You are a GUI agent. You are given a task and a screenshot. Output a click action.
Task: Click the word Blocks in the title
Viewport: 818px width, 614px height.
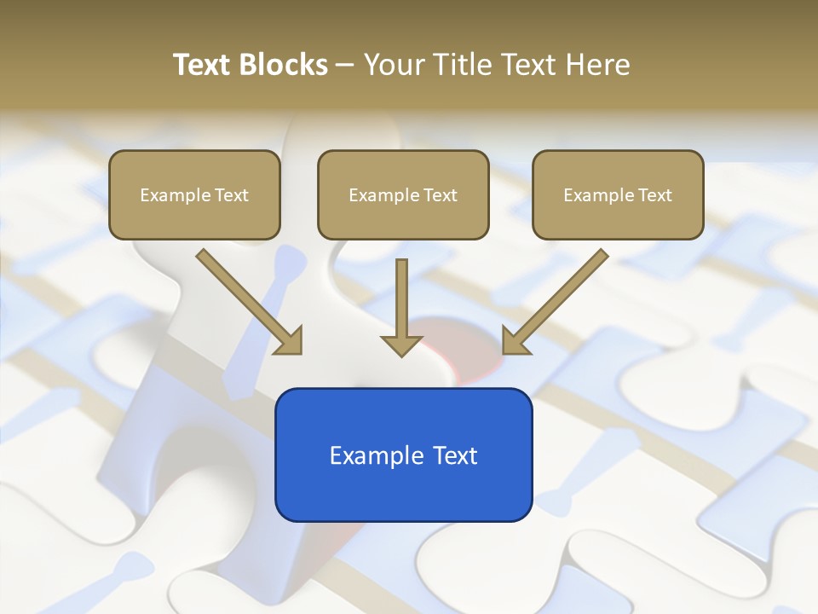[283, 65]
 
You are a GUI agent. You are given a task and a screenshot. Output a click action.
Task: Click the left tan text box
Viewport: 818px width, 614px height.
[194, 194]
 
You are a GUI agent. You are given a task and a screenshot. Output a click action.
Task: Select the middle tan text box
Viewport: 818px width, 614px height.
[403, 194]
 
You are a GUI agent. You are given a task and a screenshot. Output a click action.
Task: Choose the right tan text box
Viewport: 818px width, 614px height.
[618, 194]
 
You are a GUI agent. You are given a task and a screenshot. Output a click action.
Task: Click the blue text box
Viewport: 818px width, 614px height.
[403, 455]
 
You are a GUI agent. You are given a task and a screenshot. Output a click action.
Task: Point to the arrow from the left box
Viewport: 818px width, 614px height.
[247, 300]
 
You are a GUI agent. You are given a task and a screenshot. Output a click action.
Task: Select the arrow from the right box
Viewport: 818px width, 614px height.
[557, 300]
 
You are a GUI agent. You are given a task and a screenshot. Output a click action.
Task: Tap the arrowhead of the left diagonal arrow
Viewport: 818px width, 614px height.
[290, 341]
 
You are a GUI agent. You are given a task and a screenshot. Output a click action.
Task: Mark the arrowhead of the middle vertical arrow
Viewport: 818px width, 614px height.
[402, 345]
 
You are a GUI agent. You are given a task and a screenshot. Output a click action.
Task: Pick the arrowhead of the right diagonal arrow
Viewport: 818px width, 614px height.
[515, 341]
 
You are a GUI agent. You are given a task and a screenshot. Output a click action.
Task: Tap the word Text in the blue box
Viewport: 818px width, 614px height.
[456, 455]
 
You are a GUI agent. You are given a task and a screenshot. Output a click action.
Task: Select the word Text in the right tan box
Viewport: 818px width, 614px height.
[655, 195]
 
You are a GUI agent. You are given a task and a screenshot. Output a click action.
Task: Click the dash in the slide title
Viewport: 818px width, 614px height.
[345, 66]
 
